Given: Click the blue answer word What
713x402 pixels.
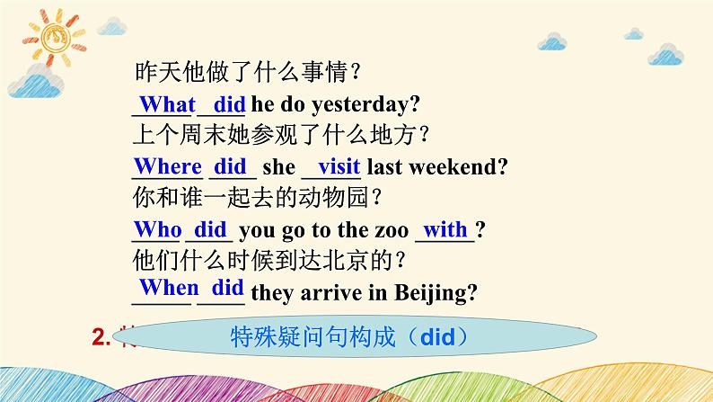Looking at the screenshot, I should pos(162,104).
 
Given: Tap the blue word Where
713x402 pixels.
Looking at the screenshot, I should pos(168,166).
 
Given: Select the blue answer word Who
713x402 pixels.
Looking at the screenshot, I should pos(157,228).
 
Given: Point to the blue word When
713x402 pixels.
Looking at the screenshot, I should pos(168,288).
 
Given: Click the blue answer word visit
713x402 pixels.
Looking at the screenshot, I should pos(339,166).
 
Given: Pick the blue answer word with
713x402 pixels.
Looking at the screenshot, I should pos(445,228).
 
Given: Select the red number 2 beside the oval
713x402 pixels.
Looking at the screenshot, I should pos(100,338).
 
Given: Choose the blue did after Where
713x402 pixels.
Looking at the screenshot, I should pos(231,166).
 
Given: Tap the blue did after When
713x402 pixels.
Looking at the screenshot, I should pos(227,288).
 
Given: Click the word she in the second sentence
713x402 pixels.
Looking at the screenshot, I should pos(278,169).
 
